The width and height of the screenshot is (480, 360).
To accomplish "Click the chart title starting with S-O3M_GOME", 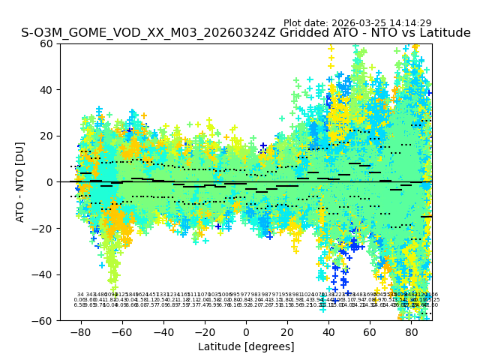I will coord(246,33).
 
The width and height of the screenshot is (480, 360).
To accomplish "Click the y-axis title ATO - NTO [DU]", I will coord(21,182).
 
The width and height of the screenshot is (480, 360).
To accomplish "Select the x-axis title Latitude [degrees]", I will coord(246,346).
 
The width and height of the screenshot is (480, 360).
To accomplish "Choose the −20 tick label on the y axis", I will coord(45,228).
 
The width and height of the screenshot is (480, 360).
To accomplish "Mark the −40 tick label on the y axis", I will coord(45,274).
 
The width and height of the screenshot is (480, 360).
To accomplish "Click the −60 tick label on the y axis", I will coord(45,320).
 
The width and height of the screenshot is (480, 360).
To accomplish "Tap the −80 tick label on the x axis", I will coord(80,331).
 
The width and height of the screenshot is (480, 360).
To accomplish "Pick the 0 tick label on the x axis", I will coord(246,331).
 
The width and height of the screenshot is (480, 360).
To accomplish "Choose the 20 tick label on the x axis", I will coord(287,331).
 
